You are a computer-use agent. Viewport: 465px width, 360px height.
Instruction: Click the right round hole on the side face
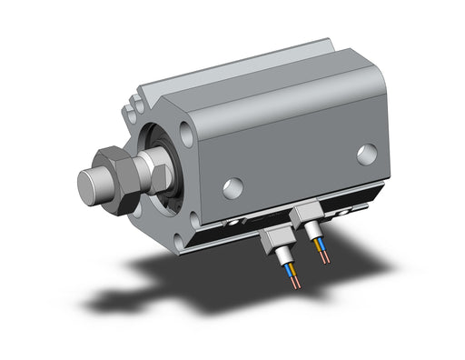366,154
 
